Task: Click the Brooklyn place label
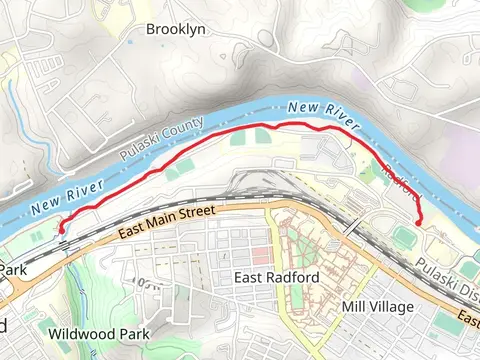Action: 176,30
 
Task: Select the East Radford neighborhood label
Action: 275,277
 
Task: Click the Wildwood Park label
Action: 99,333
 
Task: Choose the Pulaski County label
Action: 161,140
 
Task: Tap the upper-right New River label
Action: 322,114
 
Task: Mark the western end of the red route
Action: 60,229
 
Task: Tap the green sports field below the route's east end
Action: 404,238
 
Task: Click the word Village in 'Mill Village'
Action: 391,306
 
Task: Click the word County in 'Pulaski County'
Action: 184,131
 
